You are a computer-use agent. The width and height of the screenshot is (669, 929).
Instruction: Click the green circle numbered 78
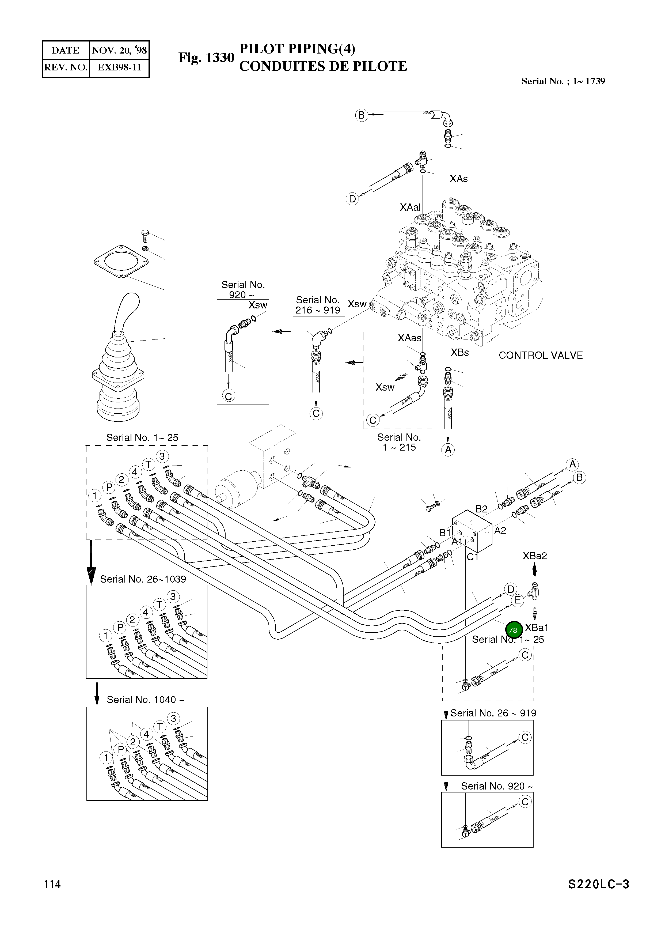tap(513, 630)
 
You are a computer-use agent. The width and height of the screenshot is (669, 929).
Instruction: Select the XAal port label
tap(410, 207)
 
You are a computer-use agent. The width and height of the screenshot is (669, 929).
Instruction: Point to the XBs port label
tap(459, 352)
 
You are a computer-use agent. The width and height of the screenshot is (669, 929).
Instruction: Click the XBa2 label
tap(534, 556)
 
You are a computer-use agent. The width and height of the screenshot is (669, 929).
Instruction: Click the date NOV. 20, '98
tap(119, 50)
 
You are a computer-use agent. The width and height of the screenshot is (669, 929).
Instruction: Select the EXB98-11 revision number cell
tap(119, 67)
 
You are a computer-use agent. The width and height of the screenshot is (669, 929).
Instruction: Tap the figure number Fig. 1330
tap(206, 57)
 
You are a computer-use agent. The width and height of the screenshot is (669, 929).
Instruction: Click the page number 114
tap(52, 884)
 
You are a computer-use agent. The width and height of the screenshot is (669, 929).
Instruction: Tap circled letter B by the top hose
tap(361, 115)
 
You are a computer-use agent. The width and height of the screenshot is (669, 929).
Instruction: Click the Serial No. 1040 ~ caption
tap(145, 700)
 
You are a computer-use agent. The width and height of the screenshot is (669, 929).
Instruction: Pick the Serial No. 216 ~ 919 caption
tap(318, 305)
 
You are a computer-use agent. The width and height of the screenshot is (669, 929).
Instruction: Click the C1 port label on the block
tap(473, 557)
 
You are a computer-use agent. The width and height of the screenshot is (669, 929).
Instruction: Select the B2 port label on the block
tap(481, 509)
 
